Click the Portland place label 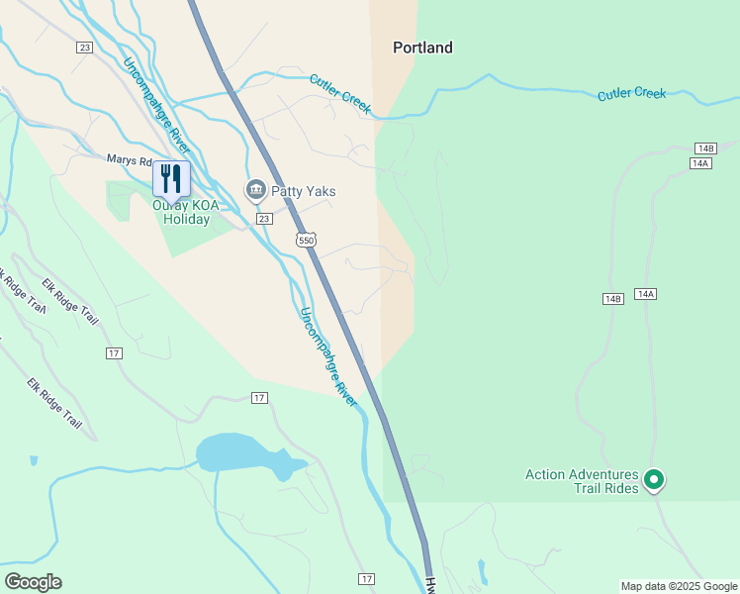point(422,48)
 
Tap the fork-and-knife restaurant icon point(171,178)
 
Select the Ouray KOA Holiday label point(181,213)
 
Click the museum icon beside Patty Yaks point(255,189)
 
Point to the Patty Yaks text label point(304,191)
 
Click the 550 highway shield point(306,240)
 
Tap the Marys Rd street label point(131,159)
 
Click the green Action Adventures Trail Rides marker point(653,480)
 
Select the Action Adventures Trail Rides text point(581,482)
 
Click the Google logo point(33,582)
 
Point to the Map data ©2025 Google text point(678,586)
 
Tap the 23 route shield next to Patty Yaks point(263,219)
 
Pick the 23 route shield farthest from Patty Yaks point(84,47)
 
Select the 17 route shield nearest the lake point(259,398)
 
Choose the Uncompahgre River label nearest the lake point(328,356)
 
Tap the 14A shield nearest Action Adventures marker point(646,294)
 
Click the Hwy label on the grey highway point(431,584)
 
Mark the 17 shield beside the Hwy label point(367,578)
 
